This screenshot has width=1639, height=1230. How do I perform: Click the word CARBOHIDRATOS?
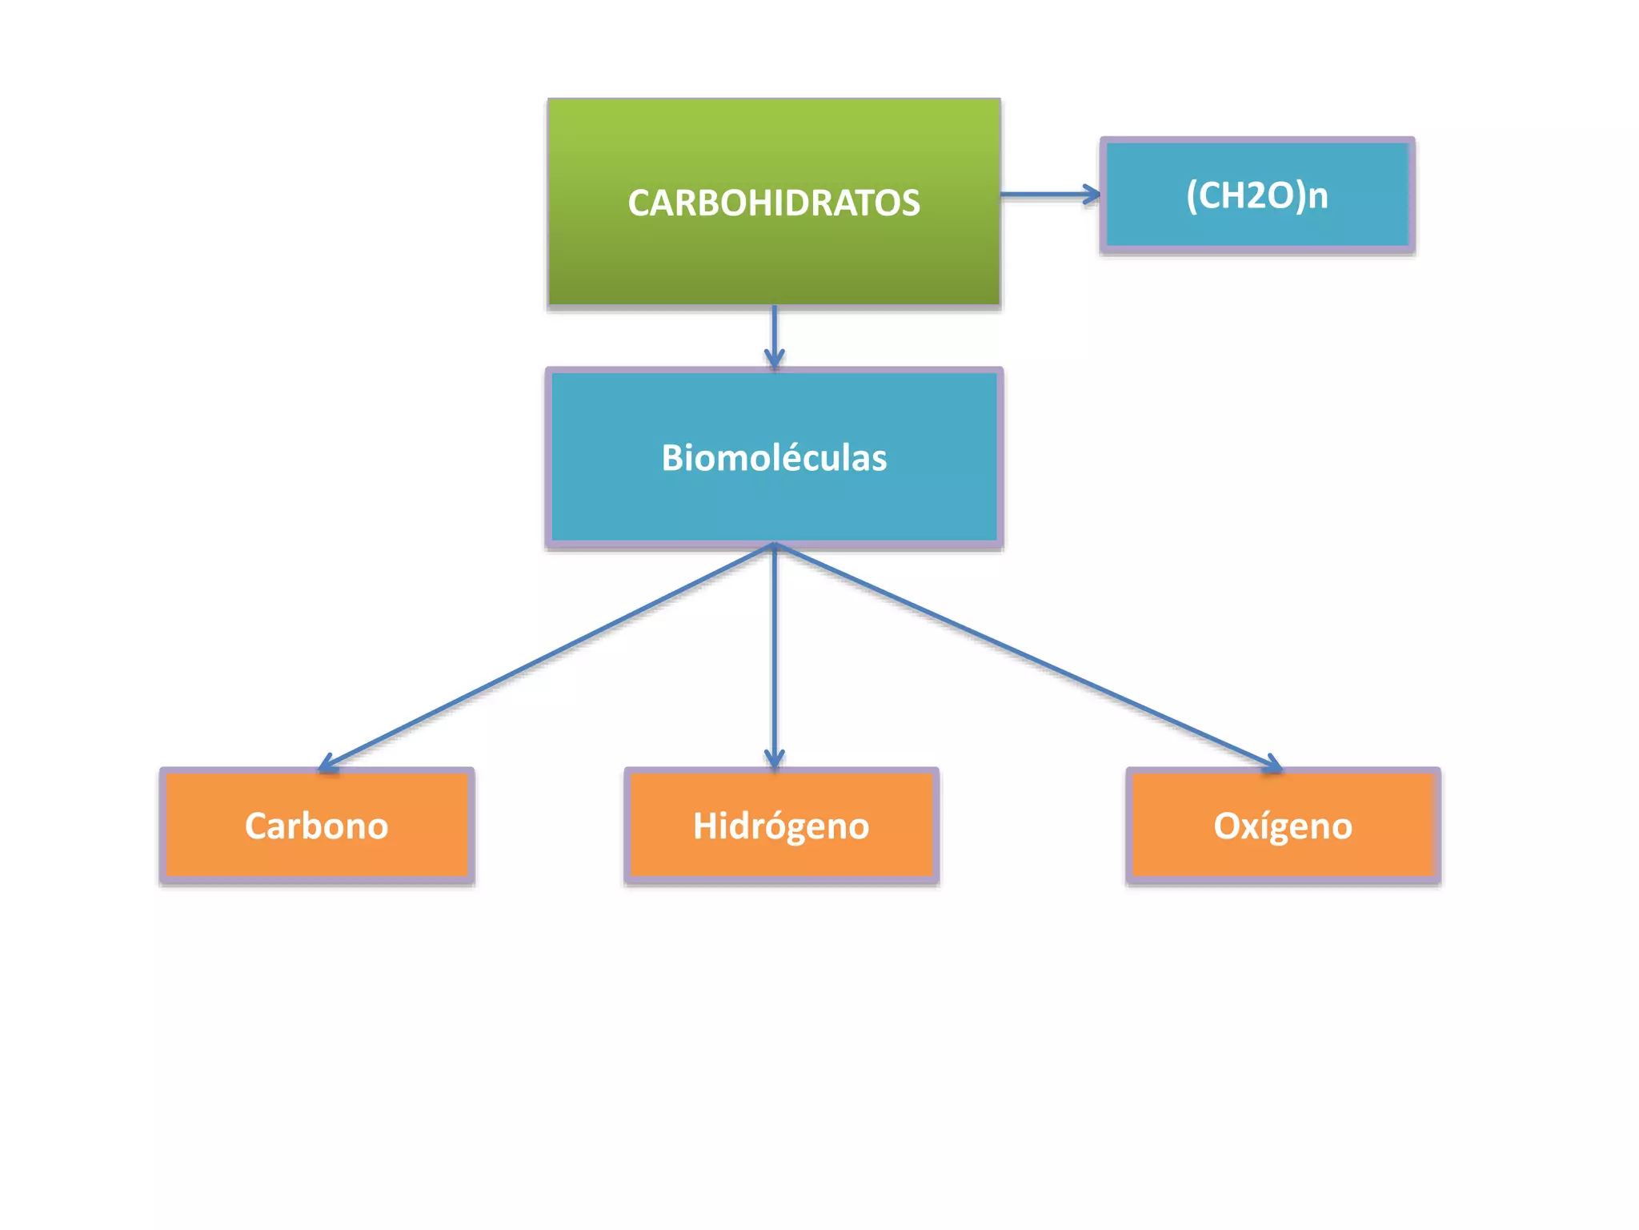pos(773,203)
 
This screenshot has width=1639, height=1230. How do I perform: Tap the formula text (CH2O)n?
pos(1256,195)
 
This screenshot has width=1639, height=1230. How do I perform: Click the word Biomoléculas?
pos(774,458)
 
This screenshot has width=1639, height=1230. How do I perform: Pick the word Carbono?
pos(316,826)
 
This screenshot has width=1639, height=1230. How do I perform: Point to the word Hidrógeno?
pos(780,826)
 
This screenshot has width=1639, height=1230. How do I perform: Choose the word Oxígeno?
pos(1282,826)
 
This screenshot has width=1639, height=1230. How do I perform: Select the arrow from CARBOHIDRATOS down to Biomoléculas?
pos(774,332)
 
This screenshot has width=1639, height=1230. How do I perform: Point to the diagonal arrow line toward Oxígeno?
pos(1024,655)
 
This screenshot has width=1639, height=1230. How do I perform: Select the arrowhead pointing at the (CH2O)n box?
pos(1092,194)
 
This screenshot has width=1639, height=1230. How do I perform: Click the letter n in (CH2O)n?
pos(1317,197)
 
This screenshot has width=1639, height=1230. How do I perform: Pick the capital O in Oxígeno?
pos(1227,826)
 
